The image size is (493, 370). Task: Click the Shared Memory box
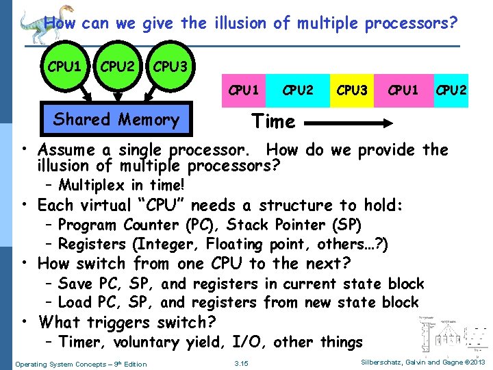(x=116, y=120)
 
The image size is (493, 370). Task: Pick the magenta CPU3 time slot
(x=352, y=90)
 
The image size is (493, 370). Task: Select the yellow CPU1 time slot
(x=403, y=90)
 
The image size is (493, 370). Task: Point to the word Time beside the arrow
(x=273, y=122)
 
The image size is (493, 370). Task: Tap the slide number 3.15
(x=241, y=363)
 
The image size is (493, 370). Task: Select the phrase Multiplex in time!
(x=121, y=185)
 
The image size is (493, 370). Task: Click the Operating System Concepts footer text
(x=81, y=364)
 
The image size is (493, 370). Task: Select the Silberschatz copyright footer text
(x=421, y=362)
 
